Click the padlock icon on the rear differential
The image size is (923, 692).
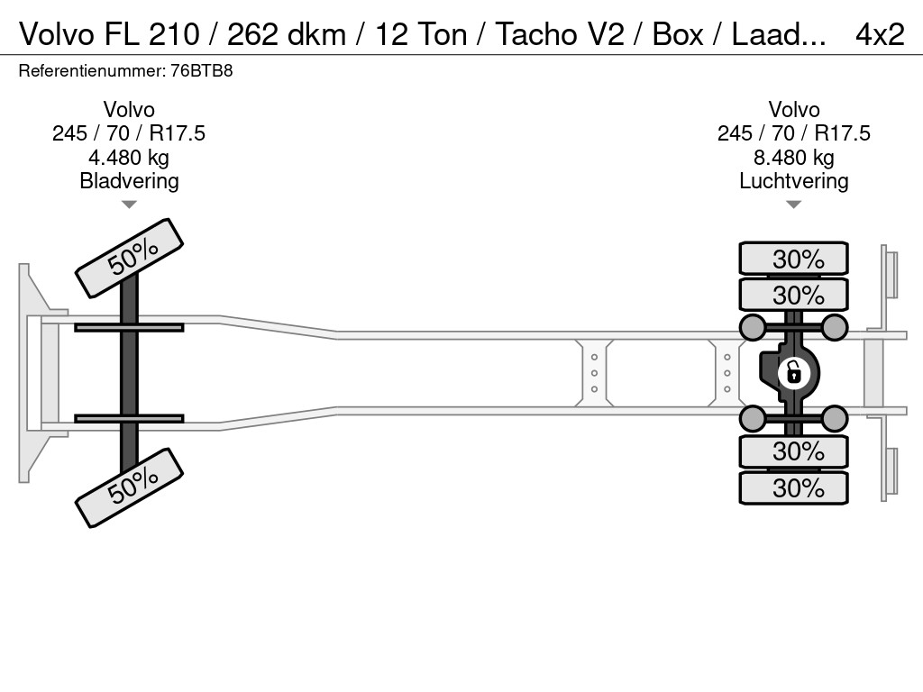click(x=793, y=371)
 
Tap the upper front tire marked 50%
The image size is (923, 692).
click(x=130, y=258)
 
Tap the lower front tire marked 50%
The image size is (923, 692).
click(x=130, y=487)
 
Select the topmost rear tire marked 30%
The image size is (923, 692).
click(x=793, y=259)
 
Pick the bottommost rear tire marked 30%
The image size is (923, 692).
click(x=793, y=487)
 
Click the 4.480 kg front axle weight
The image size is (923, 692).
click(x=129, y=158)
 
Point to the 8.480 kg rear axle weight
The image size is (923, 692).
click(x=793, y=158)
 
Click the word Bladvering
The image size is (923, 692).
click(x=129, y=181)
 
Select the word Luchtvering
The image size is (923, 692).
click(x=793, y=181)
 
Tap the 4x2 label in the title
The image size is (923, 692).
click(x=879, y=34)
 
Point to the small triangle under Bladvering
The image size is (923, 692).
click(x=129, y=205)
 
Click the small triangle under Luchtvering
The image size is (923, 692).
click(x=793, y=205)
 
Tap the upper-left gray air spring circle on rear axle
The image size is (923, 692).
click(x=753, y=326)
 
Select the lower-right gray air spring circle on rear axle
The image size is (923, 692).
click(x=835, y=418)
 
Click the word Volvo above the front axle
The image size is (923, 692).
click(x=129, y=110)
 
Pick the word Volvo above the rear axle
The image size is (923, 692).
click(x=793, y=110)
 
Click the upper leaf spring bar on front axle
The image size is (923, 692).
click(x=129, y=327)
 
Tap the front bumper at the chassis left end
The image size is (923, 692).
click(x=32, y=372)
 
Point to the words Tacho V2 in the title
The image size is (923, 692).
click(x=556, y=34)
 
